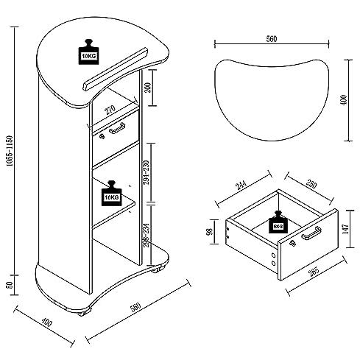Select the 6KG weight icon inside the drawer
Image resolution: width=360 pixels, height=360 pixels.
pyautogui.click(x=278, y=224)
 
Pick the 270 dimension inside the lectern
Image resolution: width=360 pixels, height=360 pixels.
pyautogui.click(x=110, y=108)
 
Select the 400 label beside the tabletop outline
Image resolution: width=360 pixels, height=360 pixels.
pyautogui.click(x=343, y=99)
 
